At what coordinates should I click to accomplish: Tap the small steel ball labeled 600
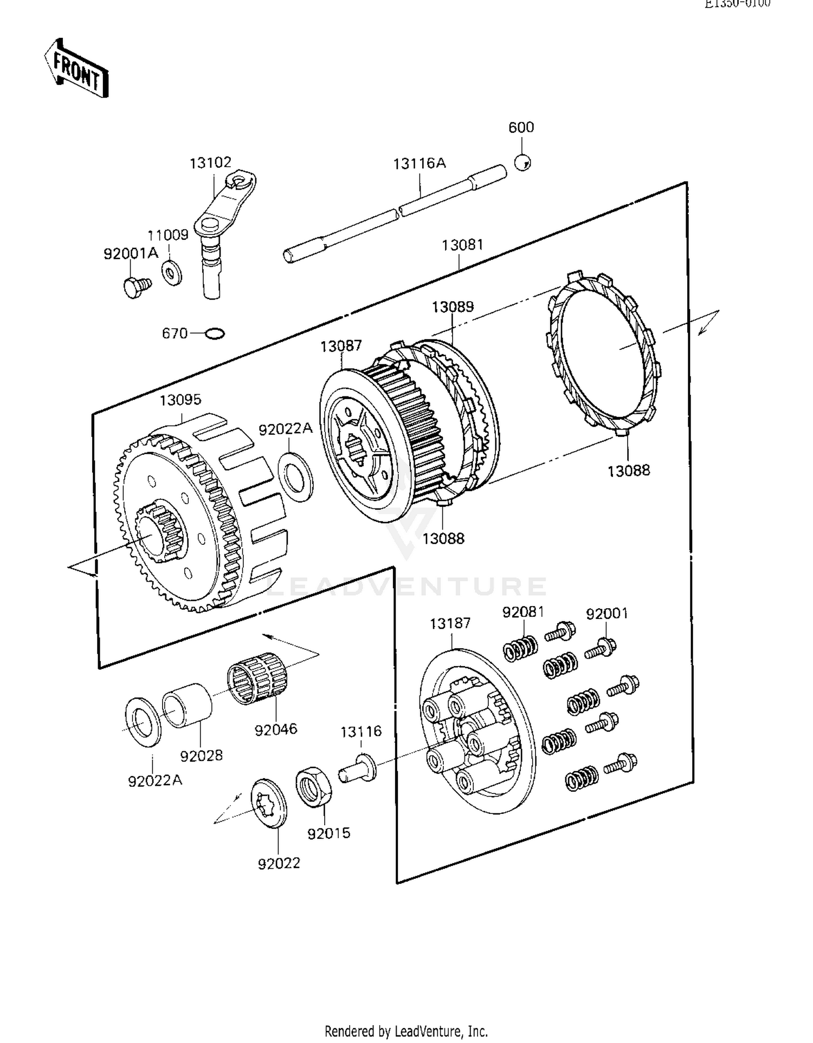point(522,162)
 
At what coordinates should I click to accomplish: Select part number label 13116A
point(419,163)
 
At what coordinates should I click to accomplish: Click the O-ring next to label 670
point(215,334)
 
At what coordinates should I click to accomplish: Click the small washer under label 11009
point(172,272)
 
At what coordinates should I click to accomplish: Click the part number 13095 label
point(180,400)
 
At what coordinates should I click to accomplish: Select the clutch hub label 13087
point(340,346)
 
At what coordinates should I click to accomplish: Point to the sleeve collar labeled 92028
point(188,706)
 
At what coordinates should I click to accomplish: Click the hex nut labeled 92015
point(314,786)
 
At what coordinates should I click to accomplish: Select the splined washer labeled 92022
point(269,803)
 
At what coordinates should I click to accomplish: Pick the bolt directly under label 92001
point(601,648)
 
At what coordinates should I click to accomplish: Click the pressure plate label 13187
point(450,623)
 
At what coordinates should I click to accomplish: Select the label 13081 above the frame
point(462,245)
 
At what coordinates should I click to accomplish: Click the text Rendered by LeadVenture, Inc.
point(406,1031)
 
